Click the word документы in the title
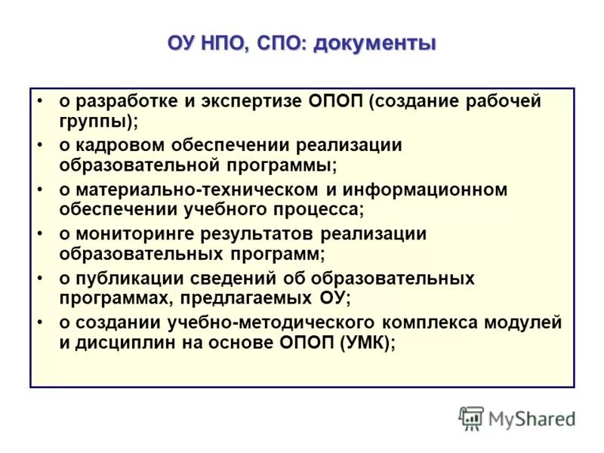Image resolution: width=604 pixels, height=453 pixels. click(x=374, y=44)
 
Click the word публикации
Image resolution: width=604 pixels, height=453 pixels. click(x=125, y=279)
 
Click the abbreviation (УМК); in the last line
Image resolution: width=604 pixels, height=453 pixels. click(x=368, y=341)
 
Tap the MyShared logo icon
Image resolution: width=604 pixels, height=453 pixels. click(x=471, y=418)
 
